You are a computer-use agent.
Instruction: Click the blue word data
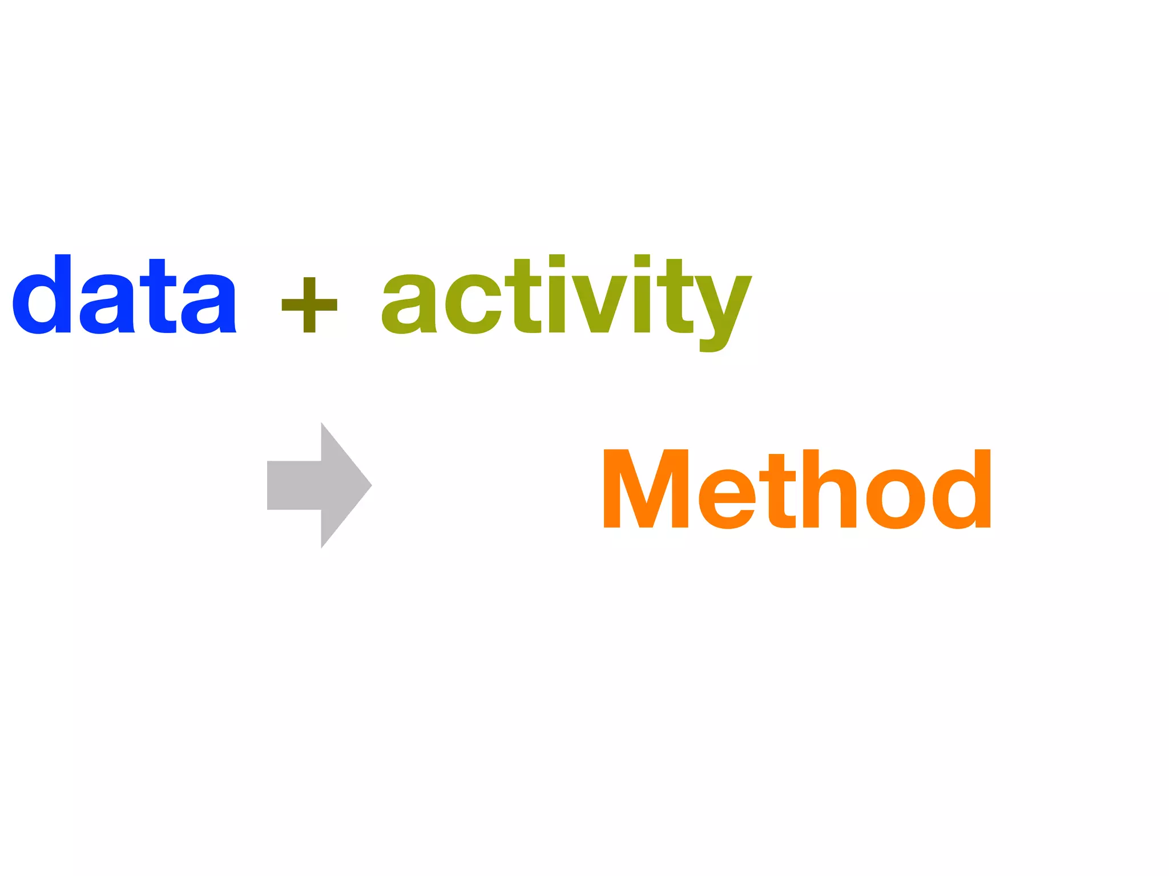124,295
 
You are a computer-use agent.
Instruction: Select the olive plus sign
309,305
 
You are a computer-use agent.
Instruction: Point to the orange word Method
797,489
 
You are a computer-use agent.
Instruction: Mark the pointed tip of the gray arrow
370,485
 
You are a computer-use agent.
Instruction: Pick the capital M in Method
646,489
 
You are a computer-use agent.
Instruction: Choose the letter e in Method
727,498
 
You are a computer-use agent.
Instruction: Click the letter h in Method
829,489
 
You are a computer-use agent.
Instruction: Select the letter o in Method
895,498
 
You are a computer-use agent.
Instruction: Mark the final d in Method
964,490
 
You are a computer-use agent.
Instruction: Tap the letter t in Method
781,492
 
